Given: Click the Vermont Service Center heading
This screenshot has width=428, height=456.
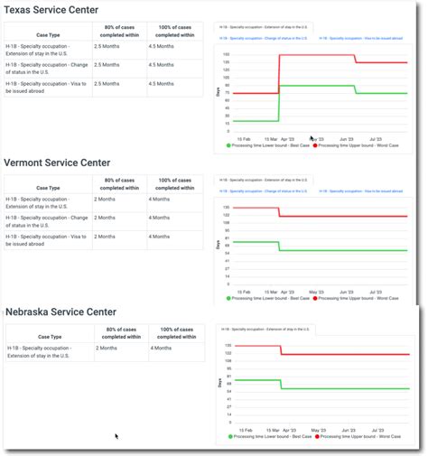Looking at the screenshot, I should (x=57, y=163).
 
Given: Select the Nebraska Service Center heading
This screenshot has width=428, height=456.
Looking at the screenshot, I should (x=60, y=312).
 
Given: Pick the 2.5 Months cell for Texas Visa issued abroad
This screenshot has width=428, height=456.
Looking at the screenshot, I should (x=106, y=83).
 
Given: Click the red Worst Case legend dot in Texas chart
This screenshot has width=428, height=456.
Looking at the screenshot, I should (x=315, y=144).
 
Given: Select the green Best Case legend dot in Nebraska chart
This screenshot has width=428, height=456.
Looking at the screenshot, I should (x=230, y=436).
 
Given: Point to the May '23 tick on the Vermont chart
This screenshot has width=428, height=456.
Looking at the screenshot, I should (x=316, y=292).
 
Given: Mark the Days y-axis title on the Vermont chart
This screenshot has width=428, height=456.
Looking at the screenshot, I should (x=219, y=243).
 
